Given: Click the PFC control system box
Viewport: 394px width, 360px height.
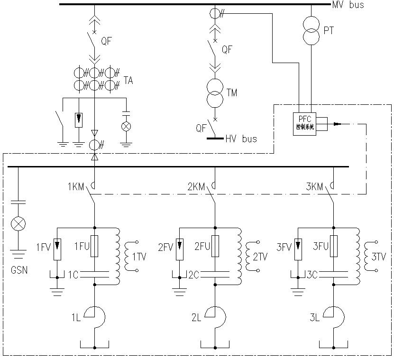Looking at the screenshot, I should (x=304, y=124).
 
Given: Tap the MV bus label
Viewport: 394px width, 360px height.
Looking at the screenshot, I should (x=350, y=5).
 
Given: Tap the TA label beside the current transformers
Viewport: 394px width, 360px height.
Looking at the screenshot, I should (x=128, y=81).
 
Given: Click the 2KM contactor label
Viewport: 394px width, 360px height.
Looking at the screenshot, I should (x=196, y=187).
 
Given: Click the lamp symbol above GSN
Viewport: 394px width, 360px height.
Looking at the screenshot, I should (x=18, y=224).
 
